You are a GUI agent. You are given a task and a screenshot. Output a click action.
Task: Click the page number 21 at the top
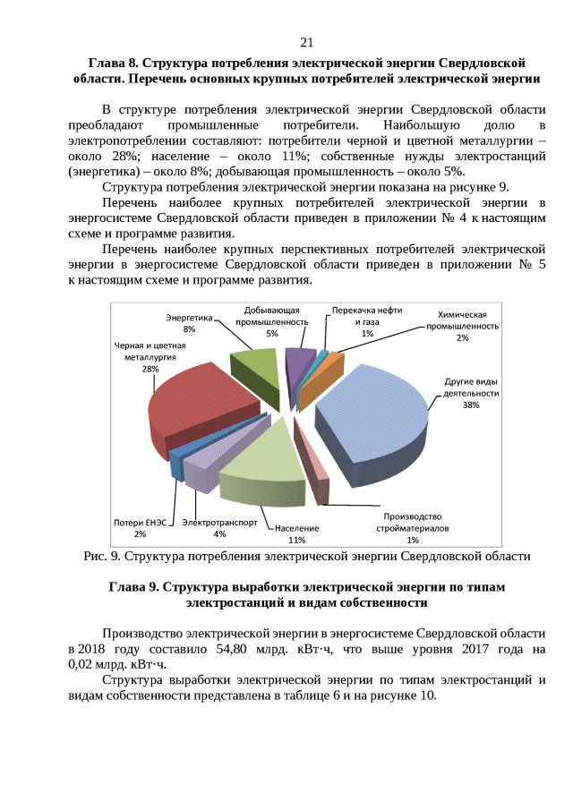(306, 43)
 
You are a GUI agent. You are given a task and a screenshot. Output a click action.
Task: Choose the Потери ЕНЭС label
(140, 522)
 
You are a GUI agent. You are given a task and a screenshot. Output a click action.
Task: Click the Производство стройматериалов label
(413, 522)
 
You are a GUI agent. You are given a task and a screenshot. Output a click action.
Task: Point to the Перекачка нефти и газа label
(367, 316)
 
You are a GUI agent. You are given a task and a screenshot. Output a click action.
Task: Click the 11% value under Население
(297, 540)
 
